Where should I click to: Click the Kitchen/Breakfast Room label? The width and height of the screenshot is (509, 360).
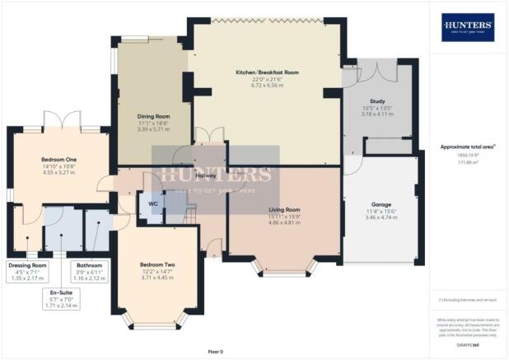267,72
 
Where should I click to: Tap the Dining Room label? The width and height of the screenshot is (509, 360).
152,116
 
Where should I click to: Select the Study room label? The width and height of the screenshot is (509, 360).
374,100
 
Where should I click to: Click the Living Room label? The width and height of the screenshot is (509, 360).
286,209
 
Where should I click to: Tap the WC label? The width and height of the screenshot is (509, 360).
152,203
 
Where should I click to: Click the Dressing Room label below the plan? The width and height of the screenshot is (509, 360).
28,266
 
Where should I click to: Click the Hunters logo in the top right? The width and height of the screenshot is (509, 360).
468,27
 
